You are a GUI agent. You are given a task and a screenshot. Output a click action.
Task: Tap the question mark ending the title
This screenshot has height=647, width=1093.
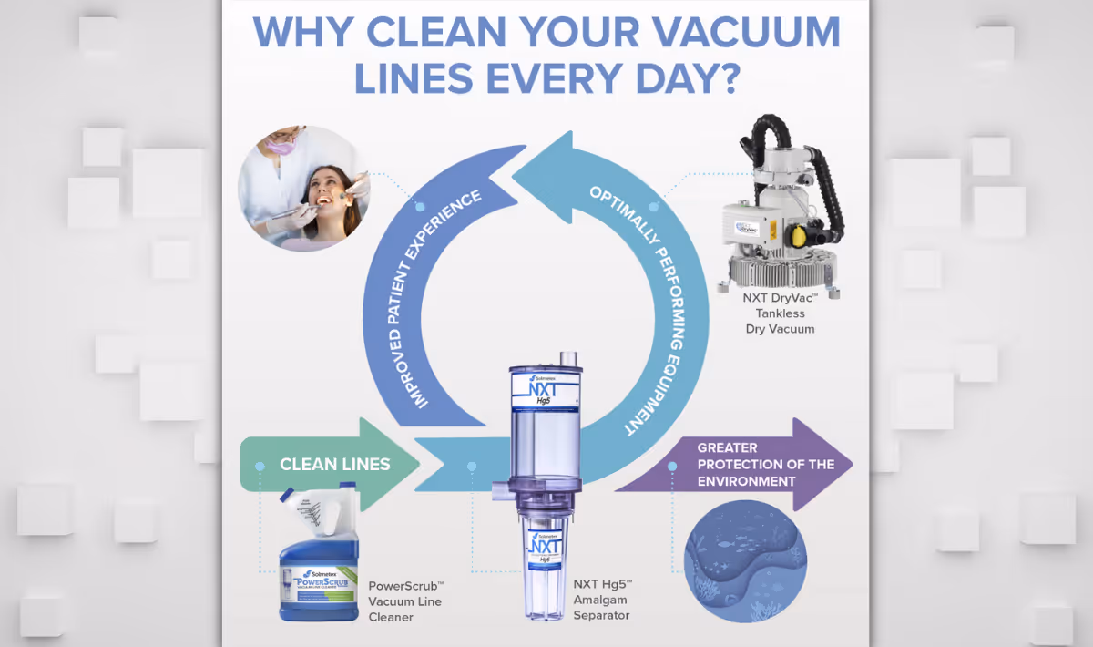point(724,79)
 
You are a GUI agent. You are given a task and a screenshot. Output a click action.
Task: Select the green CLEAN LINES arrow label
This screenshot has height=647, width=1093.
point(334,464)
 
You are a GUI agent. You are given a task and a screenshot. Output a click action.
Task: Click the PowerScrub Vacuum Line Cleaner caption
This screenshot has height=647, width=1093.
point(405,601)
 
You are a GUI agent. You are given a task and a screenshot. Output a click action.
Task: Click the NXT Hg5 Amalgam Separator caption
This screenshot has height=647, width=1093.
point(602,600)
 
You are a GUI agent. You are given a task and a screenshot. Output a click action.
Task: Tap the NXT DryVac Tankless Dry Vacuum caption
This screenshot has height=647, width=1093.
point(780,312)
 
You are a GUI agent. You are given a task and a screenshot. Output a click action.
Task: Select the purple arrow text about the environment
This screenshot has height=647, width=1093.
point(765,464)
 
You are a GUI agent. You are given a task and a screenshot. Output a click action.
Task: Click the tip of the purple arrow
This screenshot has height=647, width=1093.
point(849,465)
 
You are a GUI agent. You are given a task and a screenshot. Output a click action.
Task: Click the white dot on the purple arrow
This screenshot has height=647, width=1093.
point(672,466)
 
